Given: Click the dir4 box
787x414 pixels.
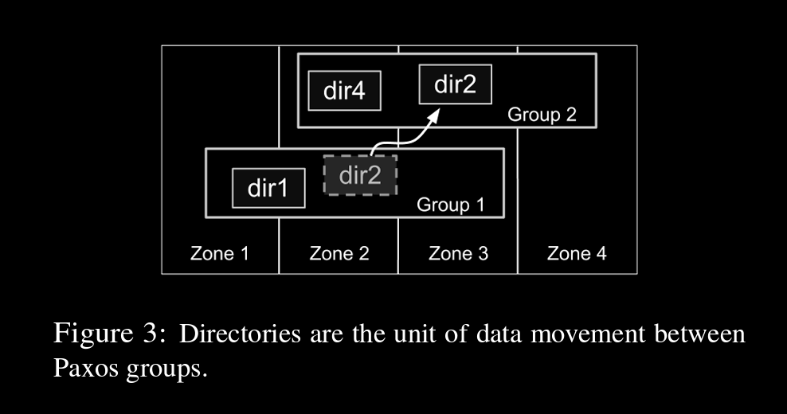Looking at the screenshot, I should tap(344, 91).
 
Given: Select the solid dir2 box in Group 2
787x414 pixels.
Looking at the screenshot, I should tap(455, 84).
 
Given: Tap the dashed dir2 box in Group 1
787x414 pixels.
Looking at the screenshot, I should tap(360, 175).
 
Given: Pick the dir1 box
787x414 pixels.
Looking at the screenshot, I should tap(268, 189).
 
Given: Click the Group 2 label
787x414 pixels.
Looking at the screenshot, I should tap(542, 115).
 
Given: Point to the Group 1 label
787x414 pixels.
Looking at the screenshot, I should tap(451, 205).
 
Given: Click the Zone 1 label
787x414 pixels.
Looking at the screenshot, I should tap(220, 254).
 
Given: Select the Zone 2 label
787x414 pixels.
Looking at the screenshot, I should tap(339, 254).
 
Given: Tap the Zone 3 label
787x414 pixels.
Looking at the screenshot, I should tap(458, 254).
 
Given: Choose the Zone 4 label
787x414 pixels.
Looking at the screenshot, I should tap(577, 254).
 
